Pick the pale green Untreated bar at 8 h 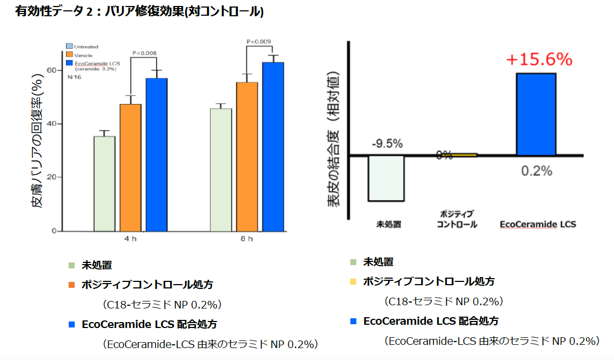(x=221, y=170)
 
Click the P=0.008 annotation (x=145, y=53)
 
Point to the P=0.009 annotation (x=258, y=41)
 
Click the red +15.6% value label (x=539, y=60)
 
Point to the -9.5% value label (x=387, y=144)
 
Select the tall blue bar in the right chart (x=535, y=114)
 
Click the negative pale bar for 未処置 (x=386, y=178)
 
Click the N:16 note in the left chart (x=74, y=78)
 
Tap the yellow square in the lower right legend (x=353, y=282)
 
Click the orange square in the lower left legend (x=72, y=284)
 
